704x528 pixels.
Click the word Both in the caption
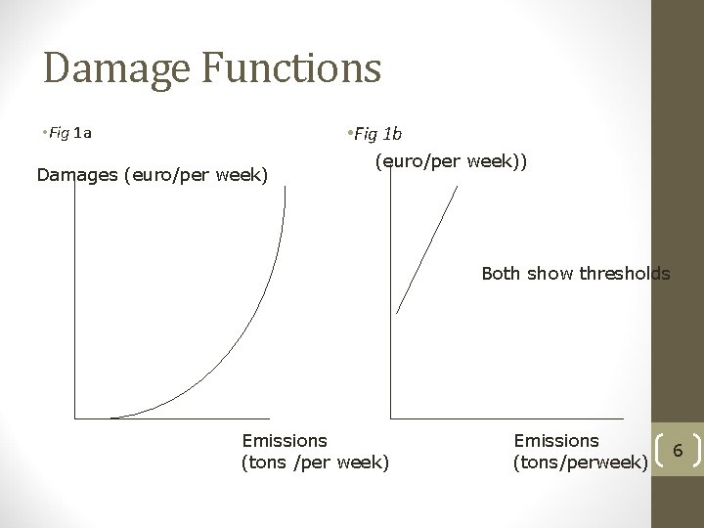click(x=502, y=274)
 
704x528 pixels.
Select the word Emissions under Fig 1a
click(x=284, y=442)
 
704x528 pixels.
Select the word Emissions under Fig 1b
click(x=555, y=442)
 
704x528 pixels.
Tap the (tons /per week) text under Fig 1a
click(x=314, y=461)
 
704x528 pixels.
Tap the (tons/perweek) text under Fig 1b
click(x=580, y=461)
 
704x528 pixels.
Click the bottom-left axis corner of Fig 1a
click(x=75, y=418)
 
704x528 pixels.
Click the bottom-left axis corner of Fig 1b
click(x=390, y=418)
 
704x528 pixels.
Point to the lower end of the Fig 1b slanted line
click(x=398, y=312)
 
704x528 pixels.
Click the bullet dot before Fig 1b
click(x=349, y=133)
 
